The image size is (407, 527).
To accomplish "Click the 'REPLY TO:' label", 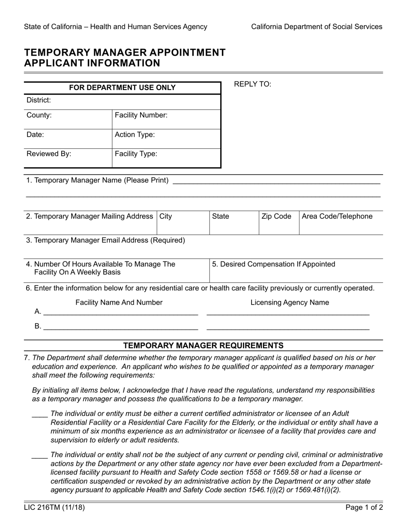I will point(252,84).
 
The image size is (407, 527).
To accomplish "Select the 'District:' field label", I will point(39,100).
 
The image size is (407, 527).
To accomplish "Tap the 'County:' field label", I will point(39,115).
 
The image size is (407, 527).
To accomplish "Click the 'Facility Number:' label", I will point(141,115).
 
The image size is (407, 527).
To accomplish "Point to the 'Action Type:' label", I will point(135,135).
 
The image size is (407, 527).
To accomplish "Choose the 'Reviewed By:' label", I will point(49,154).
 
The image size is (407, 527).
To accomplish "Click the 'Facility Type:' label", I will point(136,154).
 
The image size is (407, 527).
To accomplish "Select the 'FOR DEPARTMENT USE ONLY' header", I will point(122,88).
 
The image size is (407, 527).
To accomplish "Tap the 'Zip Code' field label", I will point(276,216).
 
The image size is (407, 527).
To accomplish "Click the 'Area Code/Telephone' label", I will point(337,216).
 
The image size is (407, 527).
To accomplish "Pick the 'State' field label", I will point(221,216).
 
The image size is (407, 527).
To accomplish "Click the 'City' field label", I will point(166,216).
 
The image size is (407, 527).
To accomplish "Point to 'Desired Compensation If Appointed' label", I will point(274,264).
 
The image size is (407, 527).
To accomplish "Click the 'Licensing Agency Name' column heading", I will point(290,302).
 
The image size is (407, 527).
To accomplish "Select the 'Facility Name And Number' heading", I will point(119,302).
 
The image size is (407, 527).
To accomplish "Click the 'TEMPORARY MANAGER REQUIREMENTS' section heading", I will point(203,345).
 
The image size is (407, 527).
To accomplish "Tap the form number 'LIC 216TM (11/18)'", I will point(54,508).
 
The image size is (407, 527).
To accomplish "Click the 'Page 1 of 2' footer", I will point(364,508).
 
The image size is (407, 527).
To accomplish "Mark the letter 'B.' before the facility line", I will point(38,326).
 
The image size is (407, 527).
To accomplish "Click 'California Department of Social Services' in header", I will point(317,27).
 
